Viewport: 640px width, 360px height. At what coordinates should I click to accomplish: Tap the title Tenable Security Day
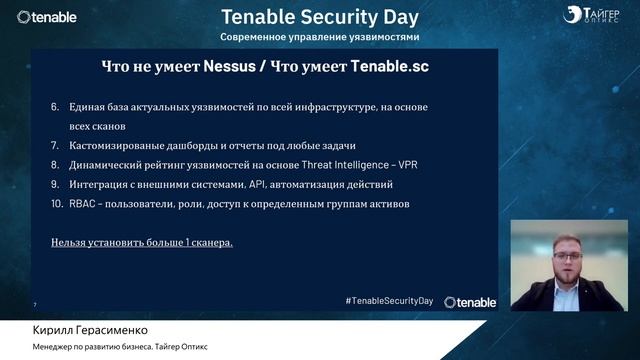pos(319,16)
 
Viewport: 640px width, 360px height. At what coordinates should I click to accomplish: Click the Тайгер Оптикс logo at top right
pos(591,16)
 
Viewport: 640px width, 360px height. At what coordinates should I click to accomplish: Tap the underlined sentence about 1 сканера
pos(142,243)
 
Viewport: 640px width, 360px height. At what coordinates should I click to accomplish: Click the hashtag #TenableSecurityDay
pos(391,301)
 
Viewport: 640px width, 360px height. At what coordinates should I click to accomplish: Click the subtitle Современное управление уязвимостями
pos(319,36)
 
